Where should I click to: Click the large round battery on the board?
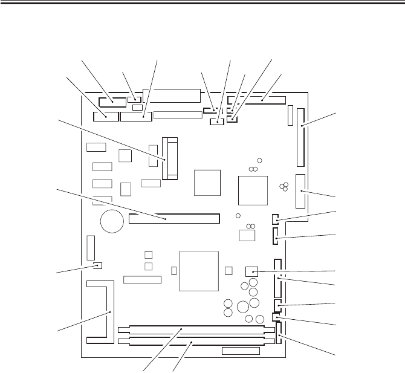pos(112,222)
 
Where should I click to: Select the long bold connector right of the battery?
pos(175,217)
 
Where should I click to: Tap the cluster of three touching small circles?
pos(283,187)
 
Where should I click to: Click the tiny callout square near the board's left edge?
pos(99,265)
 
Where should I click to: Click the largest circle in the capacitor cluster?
pos(242,308)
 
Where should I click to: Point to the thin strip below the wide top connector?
pos(178,115)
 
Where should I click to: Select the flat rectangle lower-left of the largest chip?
pos(143,280)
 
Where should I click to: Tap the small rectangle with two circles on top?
pos(248,235)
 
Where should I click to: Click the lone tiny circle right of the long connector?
pos(238,216)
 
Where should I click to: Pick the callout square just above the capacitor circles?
pos(251,271)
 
